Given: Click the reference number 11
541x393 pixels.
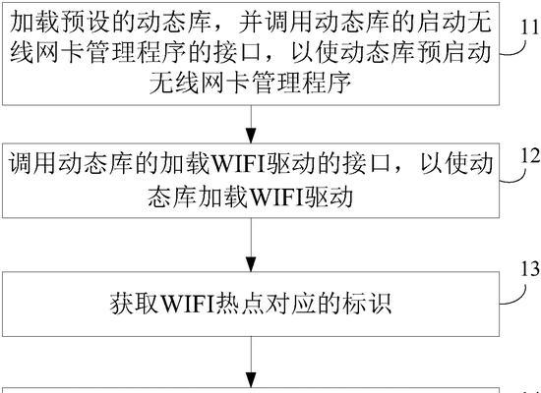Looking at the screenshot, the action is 529,27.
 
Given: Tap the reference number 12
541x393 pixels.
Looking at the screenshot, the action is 530,156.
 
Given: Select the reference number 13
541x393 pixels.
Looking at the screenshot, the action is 530,269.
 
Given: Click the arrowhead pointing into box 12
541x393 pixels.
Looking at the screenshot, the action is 251,136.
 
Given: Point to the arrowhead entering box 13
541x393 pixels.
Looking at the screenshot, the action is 251,264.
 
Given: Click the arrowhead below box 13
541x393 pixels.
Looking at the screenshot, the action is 251,379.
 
